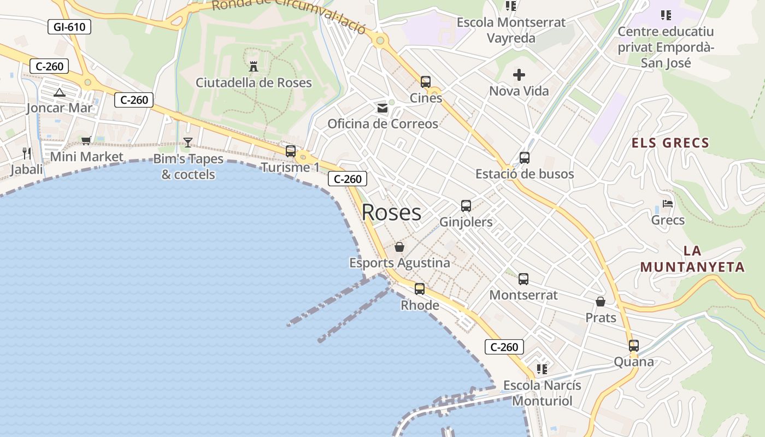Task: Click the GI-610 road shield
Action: [69, 27]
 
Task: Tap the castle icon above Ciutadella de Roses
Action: [254, 67]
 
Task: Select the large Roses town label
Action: [391, 212]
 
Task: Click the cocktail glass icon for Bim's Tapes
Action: [188, 142]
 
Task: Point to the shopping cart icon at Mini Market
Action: [86, 140]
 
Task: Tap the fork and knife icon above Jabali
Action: [27, 152]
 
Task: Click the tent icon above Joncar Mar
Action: [60, 92]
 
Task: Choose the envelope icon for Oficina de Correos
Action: [382, 108]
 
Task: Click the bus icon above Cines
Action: [426, 82]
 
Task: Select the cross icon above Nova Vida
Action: [519, 75]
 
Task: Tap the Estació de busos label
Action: [525, 174]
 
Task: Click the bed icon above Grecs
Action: [667, 204]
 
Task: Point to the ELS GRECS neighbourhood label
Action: [670, 143]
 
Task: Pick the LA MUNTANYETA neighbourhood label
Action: [692, 259]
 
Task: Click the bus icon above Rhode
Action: [420, 289]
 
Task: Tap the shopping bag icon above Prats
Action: [601, 302]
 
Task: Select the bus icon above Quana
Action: [634, 346]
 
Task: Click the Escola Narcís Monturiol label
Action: [542, 393]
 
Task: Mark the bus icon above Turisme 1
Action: [291, 151]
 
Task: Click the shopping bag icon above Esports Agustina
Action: [399, 247]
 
